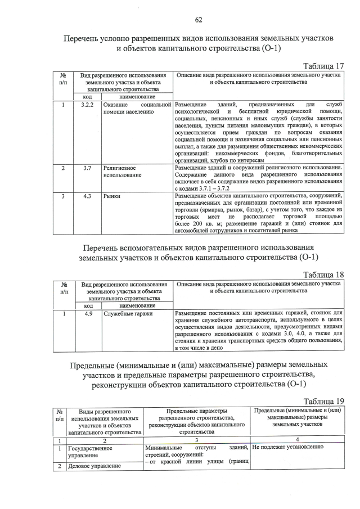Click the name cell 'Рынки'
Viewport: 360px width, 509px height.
(x=111, y=197)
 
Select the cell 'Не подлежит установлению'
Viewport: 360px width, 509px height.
(x=287, y=447)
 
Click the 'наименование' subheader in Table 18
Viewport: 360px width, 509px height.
(x=137, y=305)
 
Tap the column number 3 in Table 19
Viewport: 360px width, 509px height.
(x=196, y=440)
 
